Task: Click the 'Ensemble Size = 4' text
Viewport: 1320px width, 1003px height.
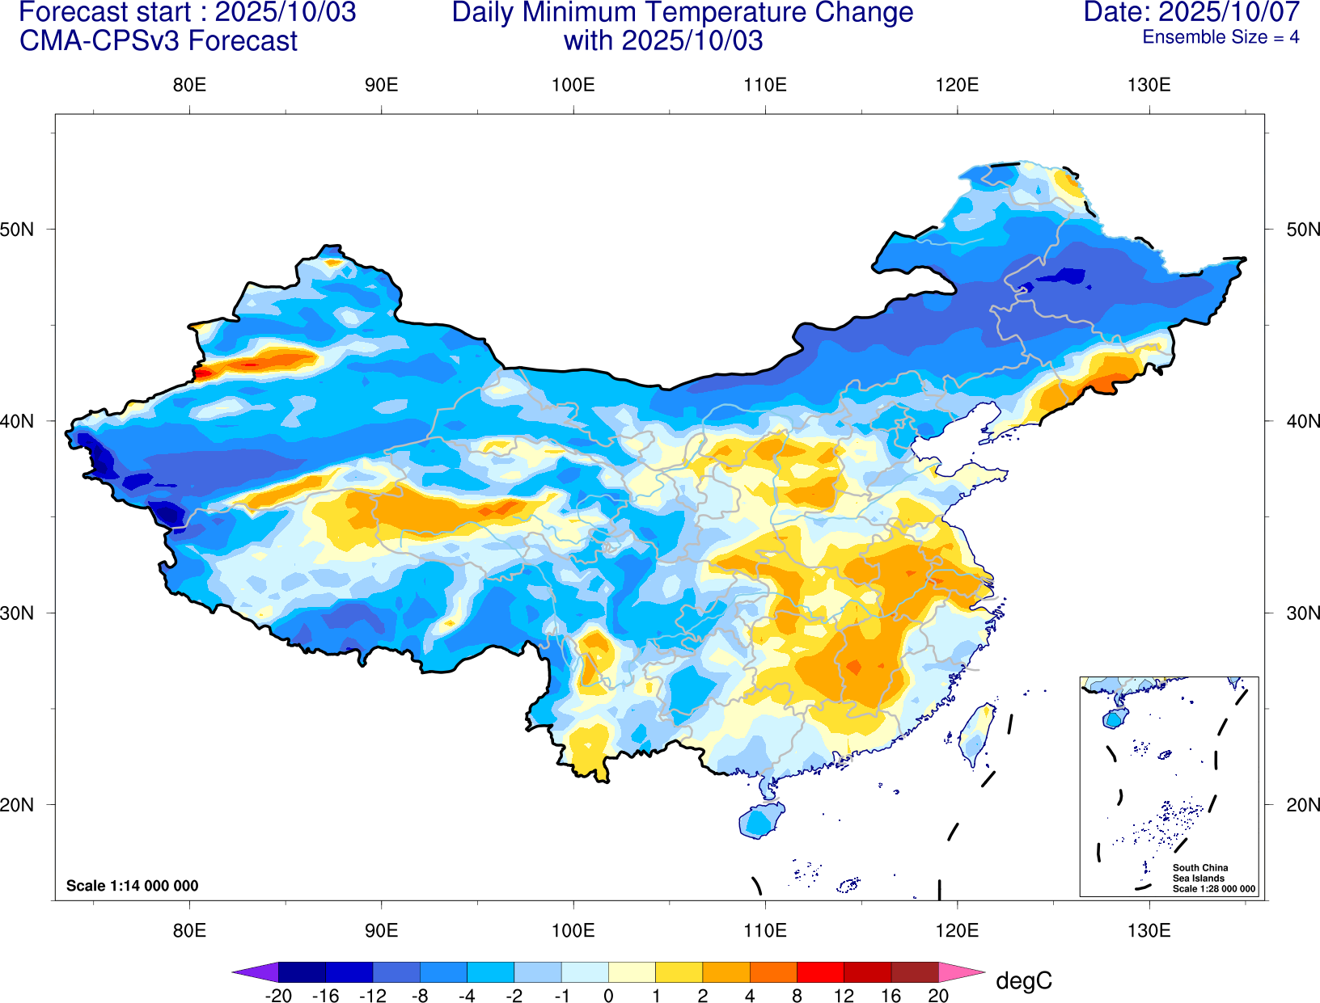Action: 1220,37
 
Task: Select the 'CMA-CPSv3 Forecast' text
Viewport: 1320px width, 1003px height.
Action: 159,40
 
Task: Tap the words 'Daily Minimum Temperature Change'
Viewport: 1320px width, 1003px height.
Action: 682,12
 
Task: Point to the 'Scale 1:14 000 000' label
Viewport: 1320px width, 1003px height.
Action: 132,886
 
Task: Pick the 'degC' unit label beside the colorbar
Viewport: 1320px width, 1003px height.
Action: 1023,980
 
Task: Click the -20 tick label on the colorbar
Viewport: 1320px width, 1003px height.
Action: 278,996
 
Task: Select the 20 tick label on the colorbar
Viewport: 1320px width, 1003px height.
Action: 938,996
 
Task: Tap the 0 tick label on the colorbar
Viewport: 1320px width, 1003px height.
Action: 608,996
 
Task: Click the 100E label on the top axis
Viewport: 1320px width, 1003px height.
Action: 573,85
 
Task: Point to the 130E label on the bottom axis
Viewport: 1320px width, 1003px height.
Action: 1149,930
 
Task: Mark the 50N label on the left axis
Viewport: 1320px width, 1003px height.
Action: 17,229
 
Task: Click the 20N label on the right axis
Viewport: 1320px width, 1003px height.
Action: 1303,805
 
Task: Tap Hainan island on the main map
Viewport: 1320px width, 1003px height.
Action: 761,820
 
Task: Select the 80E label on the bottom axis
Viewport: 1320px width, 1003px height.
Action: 189,930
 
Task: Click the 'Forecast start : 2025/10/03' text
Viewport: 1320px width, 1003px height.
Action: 187,12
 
